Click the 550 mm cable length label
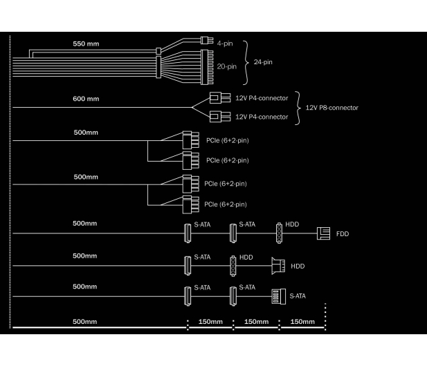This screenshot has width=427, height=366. click(86, 44)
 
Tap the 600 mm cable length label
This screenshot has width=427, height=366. click(86, 99)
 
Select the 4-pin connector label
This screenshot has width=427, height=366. click(225, 44)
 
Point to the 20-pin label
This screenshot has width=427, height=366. click(227, 66)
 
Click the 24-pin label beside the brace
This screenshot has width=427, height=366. click(263, 62)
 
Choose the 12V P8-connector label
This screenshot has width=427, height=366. click(332, 108)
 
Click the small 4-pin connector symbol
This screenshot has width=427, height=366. click(207, 40)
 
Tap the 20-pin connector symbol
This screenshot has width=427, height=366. click(207, 67)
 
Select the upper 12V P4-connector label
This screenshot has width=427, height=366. click(262, 98)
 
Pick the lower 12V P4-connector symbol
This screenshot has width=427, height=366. click(220, 117)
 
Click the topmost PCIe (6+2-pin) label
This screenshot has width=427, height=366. click(228, 140)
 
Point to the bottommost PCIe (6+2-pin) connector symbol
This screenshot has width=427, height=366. click(190, 204)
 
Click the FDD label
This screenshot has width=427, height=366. click(343, 234)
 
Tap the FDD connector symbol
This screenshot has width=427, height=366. click(323, 233)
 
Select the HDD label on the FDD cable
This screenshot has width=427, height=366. click(292, 224)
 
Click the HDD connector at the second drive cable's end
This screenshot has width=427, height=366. click(278, 266)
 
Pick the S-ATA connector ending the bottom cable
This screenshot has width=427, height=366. click(279, 296)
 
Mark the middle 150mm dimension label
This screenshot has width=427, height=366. click(257, 322)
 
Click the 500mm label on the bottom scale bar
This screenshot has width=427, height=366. click(84, 322)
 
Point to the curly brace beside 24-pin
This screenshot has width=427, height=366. click(246, 63)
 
